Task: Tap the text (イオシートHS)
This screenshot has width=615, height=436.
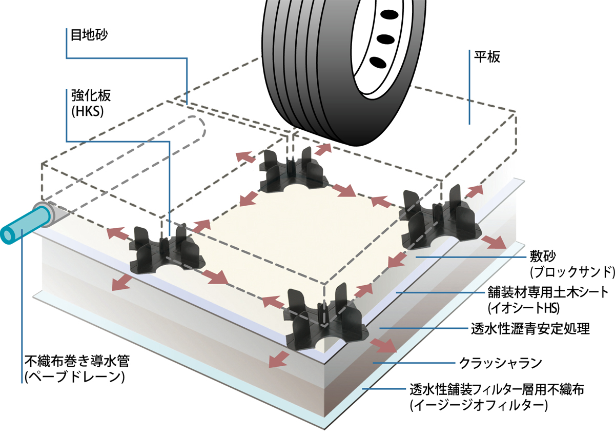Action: [522, 308]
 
